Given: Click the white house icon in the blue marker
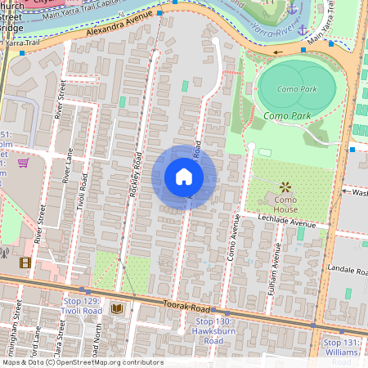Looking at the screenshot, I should click(x=184, y=177).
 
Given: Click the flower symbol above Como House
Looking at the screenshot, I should click(x=285, y=187).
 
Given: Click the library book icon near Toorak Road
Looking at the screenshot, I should click(x=116, y=308).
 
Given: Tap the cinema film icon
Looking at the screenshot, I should click(x=25, y=263).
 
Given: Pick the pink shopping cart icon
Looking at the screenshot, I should click(x=23, y=163).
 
